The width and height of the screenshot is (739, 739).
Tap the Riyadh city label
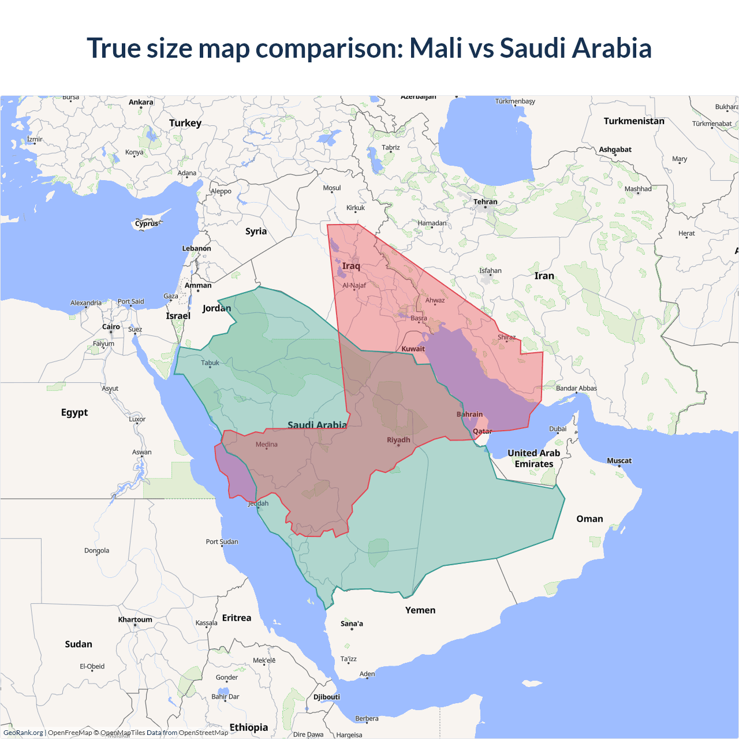(x=398, y=440)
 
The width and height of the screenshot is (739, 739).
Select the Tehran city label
(x=485, y=202)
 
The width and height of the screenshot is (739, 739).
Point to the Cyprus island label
(x=147, y=223)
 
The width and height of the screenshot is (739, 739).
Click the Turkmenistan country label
(x=634, y=121)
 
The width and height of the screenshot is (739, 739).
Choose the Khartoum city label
(x=135, y=619)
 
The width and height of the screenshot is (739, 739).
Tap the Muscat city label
(x=619, y=461)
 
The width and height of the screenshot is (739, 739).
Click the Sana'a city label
(x=352, y=624)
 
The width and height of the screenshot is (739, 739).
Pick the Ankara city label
(x=141, y=102)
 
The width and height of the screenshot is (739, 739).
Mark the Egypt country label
(x=74, y=412)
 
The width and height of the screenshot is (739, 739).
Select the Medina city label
(x=266, y=445)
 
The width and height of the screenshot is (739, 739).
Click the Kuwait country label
(x=413, y=349)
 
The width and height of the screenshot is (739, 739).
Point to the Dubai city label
(x=558, y=429)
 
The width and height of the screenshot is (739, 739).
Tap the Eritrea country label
(x=237, y=618)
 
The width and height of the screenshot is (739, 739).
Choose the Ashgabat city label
(x=615, y=150)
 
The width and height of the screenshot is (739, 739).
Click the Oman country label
(x=589, y=519)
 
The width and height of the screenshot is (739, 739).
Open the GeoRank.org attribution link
(x=23, y=733)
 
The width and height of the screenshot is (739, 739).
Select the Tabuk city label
(x=210, y=363)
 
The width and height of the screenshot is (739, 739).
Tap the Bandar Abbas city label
(x=576, y=389)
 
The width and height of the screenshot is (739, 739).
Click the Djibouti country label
(x=327, y=697)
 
